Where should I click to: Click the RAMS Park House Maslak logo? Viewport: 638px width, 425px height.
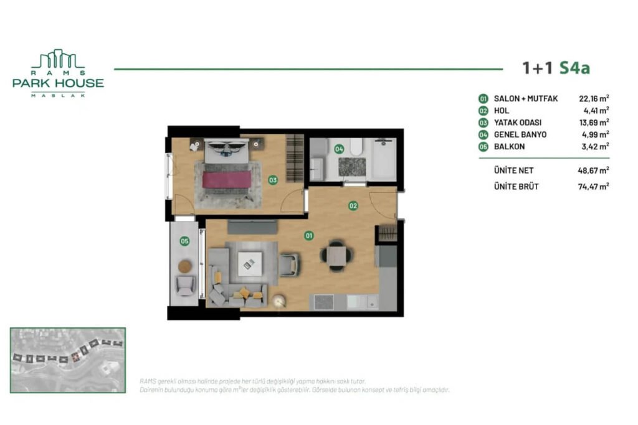[58, 73]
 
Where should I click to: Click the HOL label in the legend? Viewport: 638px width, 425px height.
[502, 110]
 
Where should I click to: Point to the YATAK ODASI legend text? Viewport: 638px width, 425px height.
[517, 122]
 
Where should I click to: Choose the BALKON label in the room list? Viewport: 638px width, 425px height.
[509, 146]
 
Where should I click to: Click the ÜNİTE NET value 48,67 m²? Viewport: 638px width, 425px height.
[593, 170]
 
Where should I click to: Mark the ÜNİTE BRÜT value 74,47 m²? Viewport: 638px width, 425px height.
[593, 186]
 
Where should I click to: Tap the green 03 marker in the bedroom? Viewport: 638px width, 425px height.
[273, 180]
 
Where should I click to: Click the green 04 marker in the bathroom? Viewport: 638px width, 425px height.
[339, 149]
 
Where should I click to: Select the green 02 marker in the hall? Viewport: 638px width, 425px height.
[353, 205]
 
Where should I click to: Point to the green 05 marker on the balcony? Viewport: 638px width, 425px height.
[184, 241]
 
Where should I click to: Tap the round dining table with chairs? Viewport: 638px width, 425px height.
[336, 254]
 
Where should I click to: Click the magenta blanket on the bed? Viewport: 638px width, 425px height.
[226, 179]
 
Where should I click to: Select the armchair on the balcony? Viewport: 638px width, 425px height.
[186, 286]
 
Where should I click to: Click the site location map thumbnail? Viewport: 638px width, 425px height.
[67, 360]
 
